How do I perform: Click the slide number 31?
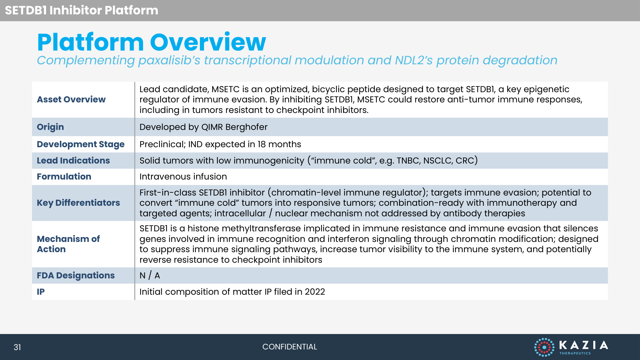pos(17,347)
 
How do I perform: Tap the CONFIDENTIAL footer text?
pos(290,347)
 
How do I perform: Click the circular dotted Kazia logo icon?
pos(544,347)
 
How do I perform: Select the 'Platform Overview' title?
pos(152,42)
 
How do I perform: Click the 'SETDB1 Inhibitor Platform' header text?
pos(82,10)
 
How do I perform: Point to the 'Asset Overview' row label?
pos(71,100)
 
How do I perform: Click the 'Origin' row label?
pos(50,127)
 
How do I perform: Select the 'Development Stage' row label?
pos(81,144)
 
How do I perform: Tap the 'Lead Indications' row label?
pos(73,161)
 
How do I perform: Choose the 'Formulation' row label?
pos(64,177)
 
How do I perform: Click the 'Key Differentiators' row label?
pos(78,203)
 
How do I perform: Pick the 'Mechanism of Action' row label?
pos(68,244)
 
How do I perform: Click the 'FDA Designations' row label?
pos(76,276)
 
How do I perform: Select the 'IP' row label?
pos(41,292)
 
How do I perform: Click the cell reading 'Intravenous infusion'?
pos(183,177)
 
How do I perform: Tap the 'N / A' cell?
pos(150,276)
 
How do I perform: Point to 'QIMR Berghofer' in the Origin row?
pos(235,127)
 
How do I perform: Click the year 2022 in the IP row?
pos(315,292)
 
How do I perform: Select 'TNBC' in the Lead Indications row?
pos(408,161)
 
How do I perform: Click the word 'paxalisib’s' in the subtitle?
pos(169,60)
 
